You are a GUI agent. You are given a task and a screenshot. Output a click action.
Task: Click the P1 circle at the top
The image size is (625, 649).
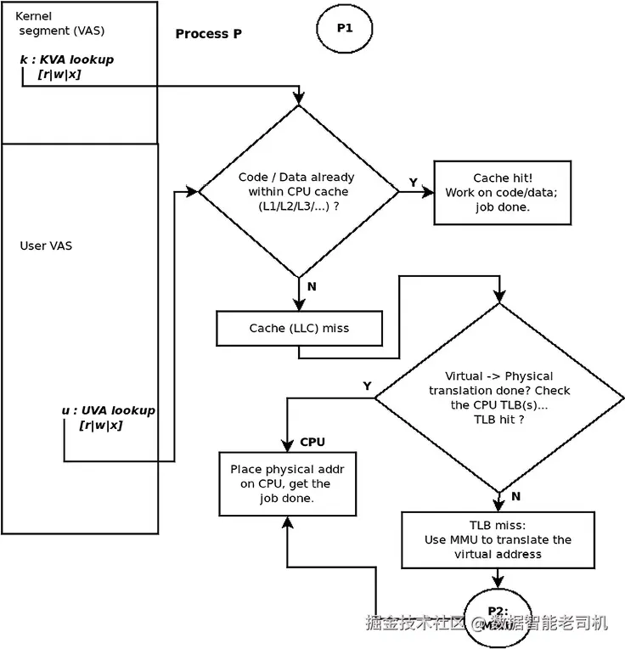coord(344,28)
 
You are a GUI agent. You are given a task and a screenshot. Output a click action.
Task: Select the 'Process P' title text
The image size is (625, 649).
coord(208,34)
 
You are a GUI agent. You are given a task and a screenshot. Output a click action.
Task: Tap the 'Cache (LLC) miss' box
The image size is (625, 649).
coord(299,328)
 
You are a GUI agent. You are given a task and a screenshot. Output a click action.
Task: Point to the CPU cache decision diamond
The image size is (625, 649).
coord(297,191)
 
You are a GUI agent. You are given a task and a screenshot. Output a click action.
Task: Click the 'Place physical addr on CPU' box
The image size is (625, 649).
coord(287,483)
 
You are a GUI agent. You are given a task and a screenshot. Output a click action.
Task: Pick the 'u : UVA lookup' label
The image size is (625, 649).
coord(108,410)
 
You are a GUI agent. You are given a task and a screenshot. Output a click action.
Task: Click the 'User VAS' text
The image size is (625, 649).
coord(46,246)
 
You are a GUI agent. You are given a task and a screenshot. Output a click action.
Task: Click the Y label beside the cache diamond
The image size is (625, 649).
coord(414,183)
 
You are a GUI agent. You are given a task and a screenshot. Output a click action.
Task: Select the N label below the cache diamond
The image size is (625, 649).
coord(311,286)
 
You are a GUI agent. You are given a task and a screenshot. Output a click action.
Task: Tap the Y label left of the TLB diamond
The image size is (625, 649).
coord(367,386)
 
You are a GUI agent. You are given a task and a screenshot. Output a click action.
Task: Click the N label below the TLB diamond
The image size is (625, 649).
coord(516,496)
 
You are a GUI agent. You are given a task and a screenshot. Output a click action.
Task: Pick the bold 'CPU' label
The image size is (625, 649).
coord(312,443)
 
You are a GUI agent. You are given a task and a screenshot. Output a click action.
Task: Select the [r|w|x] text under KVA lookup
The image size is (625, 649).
coord(59,75)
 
